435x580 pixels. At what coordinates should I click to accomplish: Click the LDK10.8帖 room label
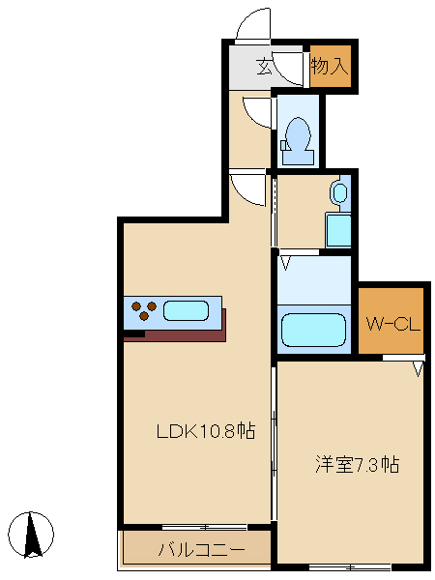[x=206, y=430]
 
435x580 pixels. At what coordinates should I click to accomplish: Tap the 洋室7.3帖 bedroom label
[x=357, y=464]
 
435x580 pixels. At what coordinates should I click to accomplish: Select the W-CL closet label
[x=392, y=325]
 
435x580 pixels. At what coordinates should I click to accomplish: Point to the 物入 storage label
[x=330, y=66]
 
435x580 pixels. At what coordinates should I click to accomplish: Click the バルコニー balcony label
[x=202, y=550]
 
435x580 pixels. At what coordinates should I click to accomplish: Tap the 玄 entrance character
[x=265, y=67]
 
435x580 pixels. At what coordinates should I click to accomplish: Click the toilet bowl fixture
[x=298, y=141]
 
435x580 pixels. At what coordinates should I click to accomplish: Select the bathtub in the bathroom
[x=313, y=330]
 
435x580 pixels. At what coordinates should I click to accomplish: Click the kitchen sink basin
[x=186, y=310]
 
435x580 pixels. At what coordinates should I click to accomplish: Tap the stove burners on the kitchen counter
[x=144, y=310]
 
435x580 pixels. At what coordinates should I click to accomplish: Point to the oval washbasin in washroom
[x=340, y=192]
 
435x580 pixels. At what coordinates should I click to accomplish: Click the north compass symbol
[x=31, y=535]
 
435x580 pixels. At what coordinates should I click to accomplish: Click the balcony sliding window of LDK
[x=205, y=527]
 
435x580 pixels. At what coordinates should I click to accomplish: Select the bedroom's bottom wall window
[x=350, y=566]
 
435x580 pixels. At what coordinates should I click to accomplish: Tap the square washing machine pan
[x=338, y=230]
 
